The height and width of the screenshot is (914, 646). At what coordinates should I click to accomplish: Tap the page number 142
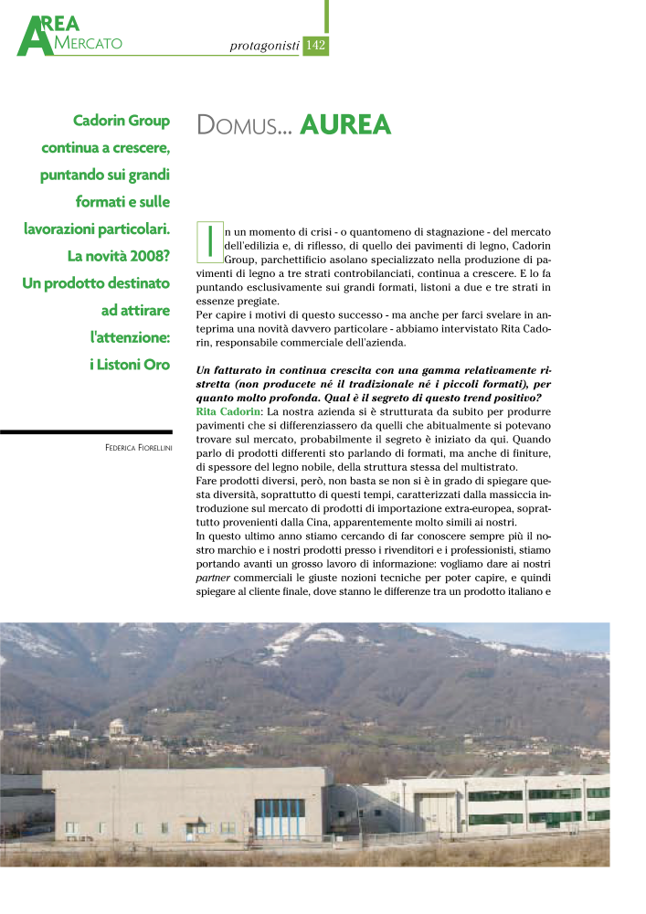[315, 45]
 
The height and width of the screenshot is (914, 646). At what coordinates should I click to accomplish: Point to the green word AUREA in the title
[344, 125]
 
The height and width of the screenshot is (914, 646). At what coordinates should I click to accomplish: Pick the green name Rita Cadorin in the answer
[228, 413]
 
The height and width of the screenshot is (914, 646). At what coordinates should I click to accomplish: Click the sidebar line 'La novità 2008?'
[120, 255]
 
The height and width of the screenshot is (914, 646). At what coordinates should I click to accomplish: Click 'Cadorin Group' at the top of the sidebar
[121, 120]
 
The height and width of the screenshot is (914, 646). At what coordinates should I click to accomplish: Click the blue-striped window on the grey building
[280, 818]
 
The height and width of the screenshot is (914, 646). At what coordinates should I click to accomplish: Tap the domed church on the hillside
[116, 728]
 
